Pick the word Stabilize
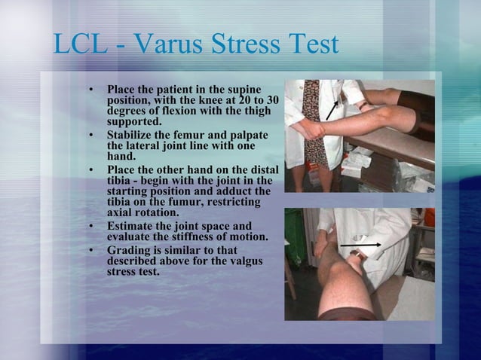133,137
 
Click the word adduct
236,191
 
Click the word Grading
130,251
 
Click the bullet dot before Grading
91,251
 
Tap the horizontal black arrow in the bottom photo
359,246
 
